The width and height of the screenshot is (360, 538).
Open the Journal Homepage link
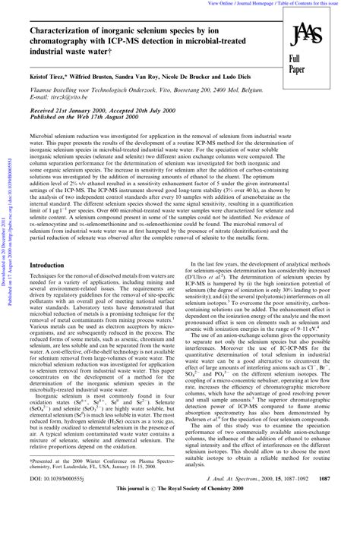[x=268, y=4]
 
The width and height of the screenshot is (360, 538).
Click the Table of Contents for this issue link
[x=320, y=4]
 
